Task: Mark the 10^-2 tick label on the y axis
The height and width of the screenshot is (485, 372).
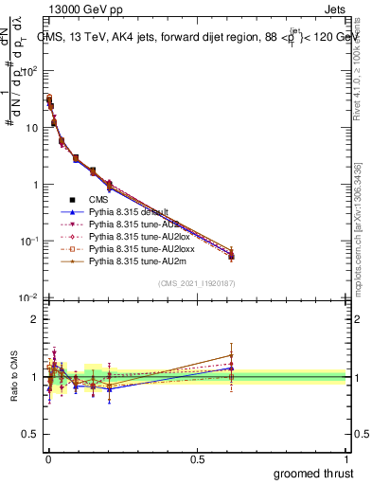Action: click(28, 298)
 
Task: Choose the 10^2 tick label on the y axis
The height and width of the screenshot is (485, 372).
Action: click(28, 71)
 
